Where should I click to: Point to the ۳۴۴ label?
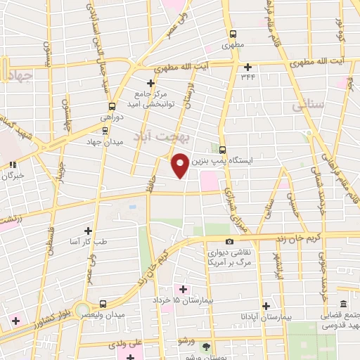pos(249,78)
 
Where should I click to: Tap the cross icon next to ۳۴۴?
pos(247,67)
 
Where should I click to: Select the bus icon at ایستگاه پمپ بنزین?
pos(223,149)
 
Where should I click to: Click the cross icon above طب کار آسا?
pos(88,230)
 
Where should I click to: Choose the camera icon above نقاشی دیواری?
pos(210,242)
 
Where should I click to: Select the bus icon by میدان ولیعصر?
pos(103,304)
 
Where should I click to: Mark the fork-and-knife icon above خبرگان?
pos(12,165)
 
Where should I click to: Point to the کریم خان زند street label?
pos(306,239)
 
